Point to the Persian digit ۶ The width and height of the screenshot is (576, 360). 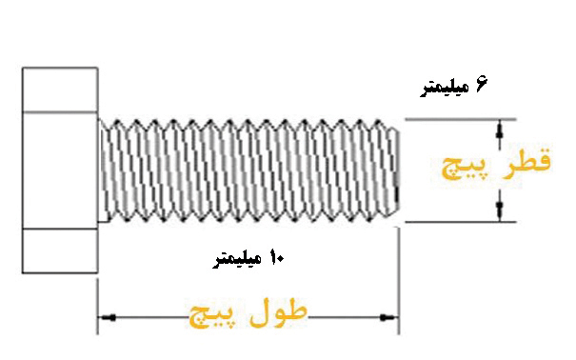481,86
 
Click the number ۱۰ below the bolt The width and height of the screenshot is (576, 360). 277,258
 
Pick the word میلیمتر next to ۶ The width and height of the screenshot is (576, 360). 445,89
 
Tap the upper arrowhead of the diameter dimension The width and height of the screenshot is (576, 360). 499,126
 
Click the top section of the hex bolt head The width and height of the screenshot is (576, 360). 60,90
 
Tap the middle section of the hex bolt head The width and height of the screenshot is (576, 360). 60,170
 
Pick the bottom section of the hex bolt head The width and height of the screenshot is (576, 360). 60,250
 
